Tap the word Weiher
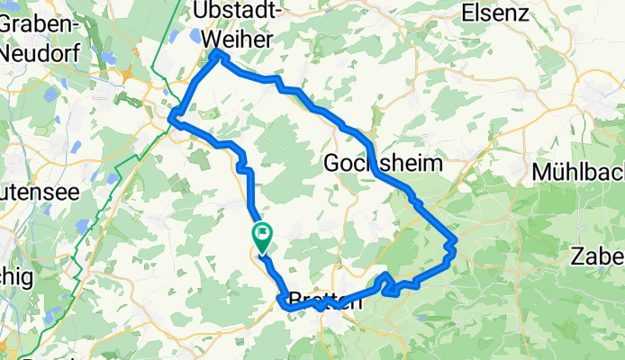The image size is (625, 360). (236, 39)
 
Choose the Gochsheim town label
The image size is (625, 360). (383, 164)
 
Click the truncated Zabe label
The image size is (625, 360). (598, 256)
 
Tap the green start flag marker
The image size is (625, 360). (261, 236)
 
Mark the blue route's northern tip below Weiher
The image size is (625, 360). (217, 56)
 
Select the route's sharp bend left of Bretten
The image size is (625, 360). (286, 306)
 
